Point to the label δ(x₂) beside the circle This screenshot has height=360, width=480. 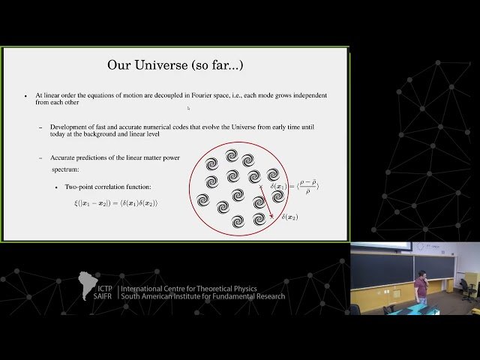point(289,217)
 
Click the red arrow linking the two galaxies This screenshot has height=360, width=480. point(265,203)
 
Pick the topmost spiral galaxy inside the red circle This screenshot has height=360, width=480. point(232,156)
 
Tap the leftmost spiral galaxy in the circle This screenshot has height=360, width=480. point(203,200)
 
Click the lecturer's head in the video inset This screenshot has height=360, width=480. point(421,276)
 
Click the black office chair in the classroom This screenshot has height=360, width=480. point(466,288)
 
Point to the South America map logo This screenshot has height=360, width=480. point(88,284)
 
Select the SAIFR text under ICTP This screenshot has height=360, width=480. point(104,296)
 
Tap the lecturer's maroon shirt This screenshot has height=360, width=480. point(421,288)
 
